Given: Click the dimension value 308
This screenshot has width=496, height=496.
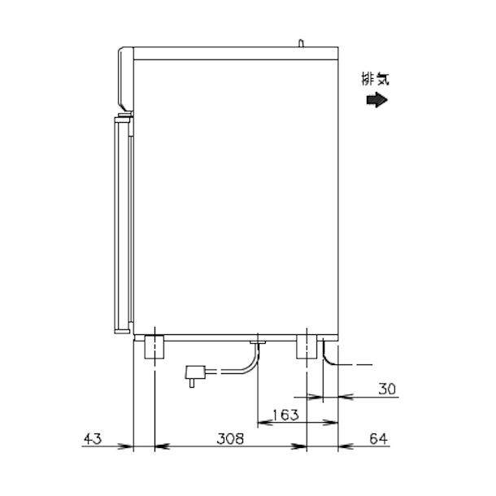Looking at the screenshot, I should pos(231,439).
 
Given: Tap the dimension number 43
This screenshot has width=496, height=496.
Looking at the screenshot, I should pos(92,439).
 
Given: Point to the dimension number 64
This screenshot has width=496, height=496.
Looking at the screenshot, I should pos(378,439).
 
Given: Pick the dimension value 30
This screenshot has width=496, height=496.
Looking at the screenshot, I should pos(387,389).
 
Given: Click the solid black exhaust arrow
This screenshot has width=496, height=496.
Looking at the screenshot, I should pos(376,100).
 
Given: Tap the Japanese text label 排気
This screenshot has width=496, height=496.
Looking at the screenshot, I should pos(376,79).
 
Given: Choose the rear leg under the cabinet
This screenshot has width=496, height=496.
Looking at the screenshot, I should pos(307,346).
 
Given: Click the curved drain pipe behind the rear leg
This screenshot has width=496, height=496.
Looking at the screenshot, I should pos(327,353).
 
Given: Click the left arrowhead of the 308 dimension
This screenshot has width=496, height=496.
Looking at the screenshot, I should pos(160,446).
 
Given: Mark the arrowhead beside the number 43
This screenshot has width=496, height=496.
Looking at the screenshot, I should pos(125,446).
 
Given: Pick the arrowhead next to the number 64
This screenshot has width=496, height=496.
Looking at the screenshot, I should pos(346,446).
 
